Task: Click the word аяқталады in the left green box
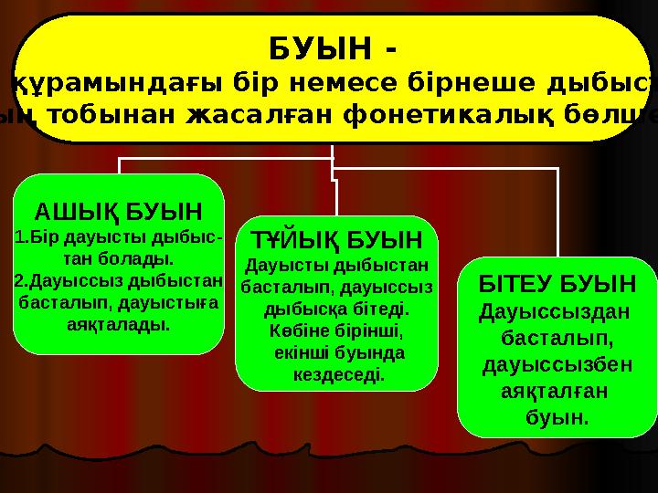(x=119, y=323)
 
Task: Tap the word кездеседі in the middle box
(x=337, y=374)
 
